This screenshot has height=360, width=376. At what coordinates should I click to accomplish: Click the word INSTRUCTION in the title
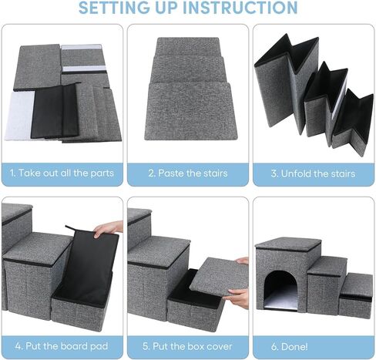coord(238,8)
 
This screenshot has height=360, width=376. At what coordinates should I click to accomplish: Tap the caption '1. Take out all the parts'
coord(62,173)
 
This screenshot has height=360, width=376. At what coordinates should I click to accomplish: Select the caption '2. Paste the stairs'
coord(188,173)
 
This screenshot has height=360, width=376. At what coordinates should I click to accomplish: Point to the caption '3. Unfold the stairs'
coord(314,173)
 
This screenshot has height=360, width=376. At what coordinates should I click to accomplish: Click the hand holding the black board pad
coord(110,228)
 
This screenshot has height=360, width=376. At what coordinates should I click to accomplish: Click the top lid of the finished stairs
coord(287,244)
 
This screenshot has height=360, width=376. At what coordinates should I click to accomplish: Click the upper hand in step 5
coord(242,261)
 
